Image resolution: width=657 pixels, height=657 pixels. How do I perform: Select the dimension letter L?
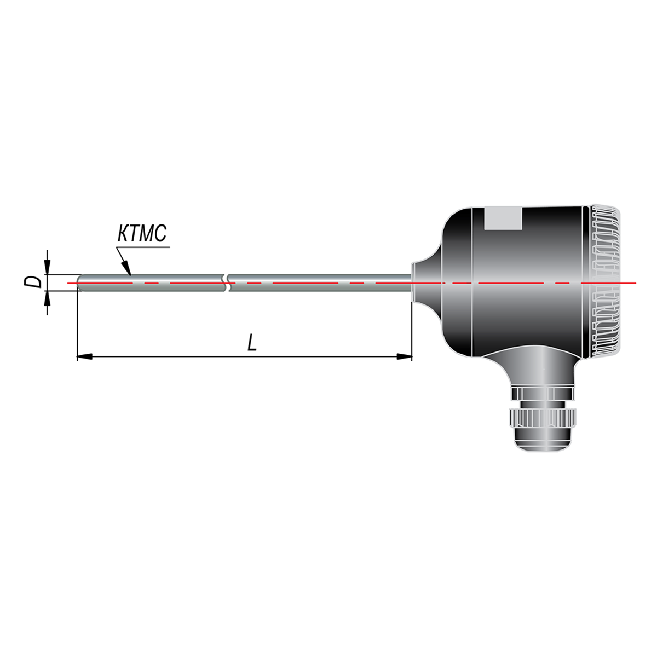click(x=252, y=342)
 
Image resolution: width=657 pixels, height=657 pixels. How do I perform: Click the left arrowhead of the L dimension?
click(x=84, y=356)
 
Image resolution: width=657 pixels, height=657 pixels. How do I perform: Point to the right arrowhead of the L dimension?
click(x=404, y=356)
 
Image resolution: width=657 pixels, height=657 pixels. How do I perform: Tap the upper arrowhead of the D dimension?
click(x=48, y=267)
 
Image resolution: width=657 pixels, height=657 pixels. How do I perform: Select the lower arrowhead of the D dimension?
click(x=48, y=298)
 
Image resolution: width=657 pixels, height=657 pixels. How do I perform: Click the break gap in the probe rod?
click(x=227, y=283)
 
